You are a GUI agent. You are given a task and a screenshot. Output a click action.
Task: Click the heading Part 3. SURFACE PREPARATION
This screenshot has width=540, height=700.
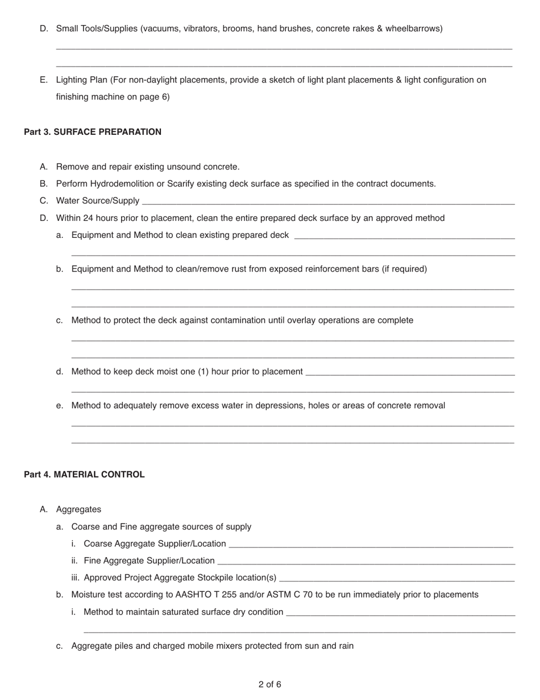93,132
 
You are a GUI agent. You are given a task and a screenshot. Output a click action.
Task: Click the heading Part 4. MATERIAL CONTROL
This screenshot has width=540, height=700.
84,475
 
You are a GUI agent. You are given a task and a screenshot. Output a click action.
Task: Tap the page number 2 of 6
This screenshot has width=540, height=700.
269,684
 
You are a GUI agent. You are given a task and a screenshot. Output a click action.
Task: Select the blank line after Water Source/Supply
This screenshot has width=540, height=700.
328,201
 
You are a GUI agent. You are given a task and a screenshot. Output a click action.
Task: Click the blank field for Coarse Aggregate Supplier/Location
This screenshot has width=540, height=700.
371,544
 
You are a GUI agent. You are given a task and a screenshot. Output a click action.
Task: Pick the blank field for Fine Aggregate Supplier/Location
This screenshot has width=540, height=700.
365,561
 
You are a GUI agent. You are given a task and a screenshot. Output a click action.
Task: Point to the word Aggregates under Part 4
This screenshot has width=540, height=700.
78,509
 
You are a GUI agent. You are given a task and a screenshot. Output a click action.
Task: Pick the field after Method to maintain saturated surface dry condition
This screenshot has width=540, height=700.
401,612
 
